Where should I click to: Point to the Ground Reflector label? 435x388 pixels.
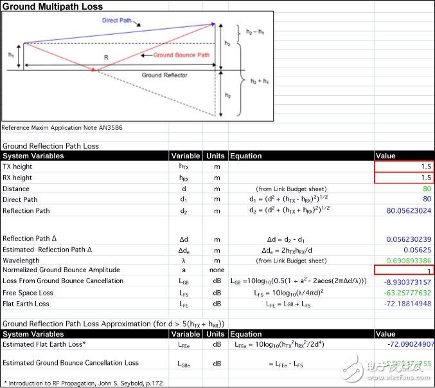pos(164,75)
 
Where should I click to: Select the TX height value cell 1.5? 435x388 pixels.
pos(404,167)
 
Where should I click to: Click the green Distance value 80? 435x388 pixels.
pos(426,189)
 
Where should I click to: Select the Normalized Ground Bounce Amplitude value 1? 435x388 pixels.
pos(404,270)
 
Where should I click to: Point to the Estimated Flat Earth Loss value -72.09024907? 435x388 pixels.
pos(404,345)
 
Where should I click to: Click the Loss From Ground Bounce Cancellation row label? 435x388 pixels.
pos(63,281)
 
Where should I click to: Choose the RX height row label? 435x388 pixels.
pos(18,178)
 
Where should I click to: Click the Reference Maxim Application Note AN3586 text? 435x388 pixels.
pos(62,127)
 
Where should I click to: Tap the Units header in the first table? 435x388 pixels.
pos(215,156)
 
